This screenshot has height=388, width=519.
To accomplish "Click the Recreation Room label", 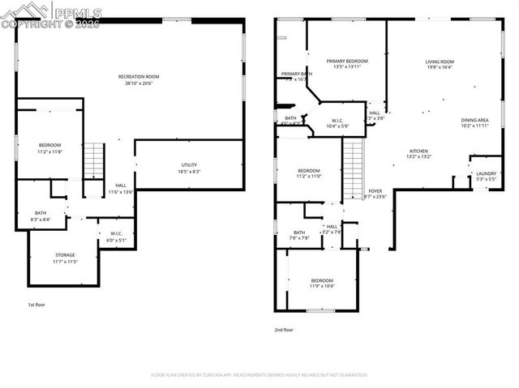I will pos(142,77).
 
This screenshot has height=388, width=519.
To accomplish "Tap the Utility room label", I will pos(189,165).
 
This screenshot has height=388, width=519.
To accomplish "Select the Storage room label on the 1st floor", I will pos(65,255).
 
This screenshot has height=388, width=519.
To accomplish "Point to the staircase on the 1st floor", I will pos(95,160).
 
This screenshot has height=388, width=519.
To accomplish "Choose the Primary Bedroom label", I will pos(347,61).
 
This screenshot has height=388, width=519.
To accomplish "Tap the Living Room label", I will pos(440,62).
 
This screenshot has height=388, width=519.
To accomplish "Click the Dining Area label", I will pos(474,120).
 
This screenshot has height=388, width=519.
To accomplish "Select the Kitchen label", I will pos(418,151).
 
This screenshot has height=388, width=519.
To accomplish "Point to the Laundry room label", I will pos(486,173).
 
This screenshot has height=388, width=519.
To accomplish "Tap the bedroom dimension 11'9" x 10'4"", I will pos(321,286).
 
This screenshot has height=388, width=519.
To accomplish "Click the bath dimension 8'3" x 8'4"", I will pos(41,219).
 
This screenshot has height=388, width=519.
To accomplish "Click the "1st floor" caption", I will pos(37,305).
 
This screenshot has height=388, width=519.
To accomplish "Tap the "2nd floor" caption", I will pos(284,330).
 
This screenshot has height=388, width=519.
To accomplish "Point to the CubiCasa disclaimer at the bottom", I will pos(259,375).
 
